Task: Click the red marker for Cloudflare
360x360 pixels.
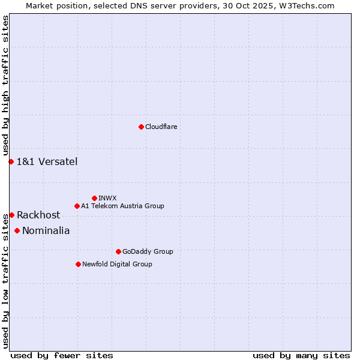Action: [x=141, y=127]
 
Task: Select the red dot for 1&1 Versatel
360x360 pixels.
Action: [x=11, y=161]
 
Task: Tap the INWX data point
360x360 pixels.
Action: [x=94, y=198]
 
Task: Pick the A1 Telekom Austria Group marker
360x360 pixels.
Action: [x=77, y=206]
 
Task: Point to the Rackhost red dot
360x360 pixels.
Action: [x=11, y=215]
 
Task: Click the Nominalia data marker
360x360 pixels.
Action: [x=17, y=230]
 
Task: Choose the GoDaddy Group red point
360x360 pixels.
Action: [x=118, y=251]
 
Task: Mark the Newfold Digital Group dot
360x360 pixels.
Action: [x=78, y=264]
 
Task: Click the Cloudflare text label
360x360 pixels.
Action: [x=161, y=127]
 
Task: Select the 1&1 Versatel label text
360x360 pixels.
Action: [x=47, y=161]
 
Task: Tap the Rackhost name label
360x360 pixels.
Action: [x=38, y=215]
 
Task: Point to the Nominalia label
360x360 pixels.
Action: [x=46, y=230]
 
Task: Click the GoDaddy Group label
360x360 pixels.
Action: [x=148, y=251]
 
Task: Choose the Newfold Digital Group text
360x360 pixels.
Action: [x=117, y=264]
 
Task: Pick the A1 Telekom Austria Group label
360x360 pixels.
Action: [x=122, y=206]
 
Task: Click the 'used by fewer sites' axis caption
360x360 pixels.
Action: [x=62, y=355]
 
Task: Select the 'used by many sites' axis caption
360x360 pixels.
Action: [x=301, y=355]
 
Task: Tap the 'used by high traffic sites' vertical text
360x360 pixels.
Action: [x=5, y=86]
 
